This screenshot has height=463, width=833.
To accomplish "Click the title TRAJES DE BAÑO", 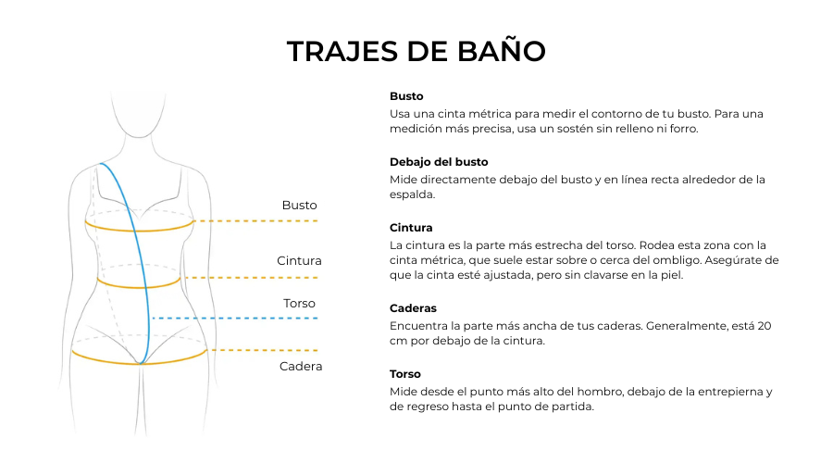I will click(416, 51).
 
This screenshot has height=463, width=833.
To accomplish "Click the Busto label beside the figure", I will click(299, 205).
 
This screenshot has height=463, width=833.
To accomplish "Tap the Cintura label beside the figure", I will click(299, 261).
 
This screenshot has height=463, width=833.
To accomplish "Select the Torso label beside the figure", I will click(299, 303).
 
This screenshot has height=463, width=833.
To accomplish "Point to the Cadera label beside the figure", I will click(301, 367).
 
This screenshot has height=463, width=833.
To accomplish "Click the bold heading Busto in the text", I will click(406, 96).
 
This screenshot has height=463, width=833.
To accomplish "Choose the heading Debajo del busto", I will click(439, 162).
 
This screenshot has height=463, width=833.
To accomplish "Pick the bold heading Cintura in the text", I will click(411, 228).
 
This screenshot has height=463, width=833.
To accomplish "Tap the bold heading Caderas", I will click(413, 308).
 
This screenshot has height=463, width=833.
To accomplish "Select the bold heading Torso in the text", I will click(405, 374).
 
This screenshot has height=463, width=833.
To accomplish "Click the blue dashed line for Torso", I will click(236, 318).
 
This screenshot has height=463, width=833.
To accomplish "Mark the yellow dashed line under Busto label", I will click(259, 221).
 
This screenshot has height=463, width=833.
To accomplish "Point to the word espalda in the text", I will click(412, 195).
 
